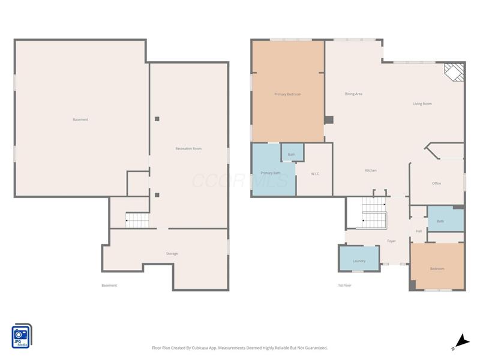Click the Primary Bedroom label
(287, 94)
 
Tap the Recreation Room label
(188, 148)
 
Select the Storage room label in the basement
(172, 254)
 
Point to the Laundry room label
(359, 261)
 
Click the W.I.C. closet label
(315, 174)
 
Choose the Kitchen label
(371, 170)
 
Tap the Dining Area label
(353, 94)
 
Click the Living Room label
(422, 104)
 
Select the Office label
(436, 184)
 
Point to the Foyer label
(391, 241)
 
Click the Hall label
(418, 231)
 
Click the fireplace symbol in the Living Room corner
(454, 73)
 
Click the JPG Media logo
(22, 336)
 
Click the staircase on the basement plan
(137, 220)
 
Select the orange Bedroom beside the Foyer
(437, 268)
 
